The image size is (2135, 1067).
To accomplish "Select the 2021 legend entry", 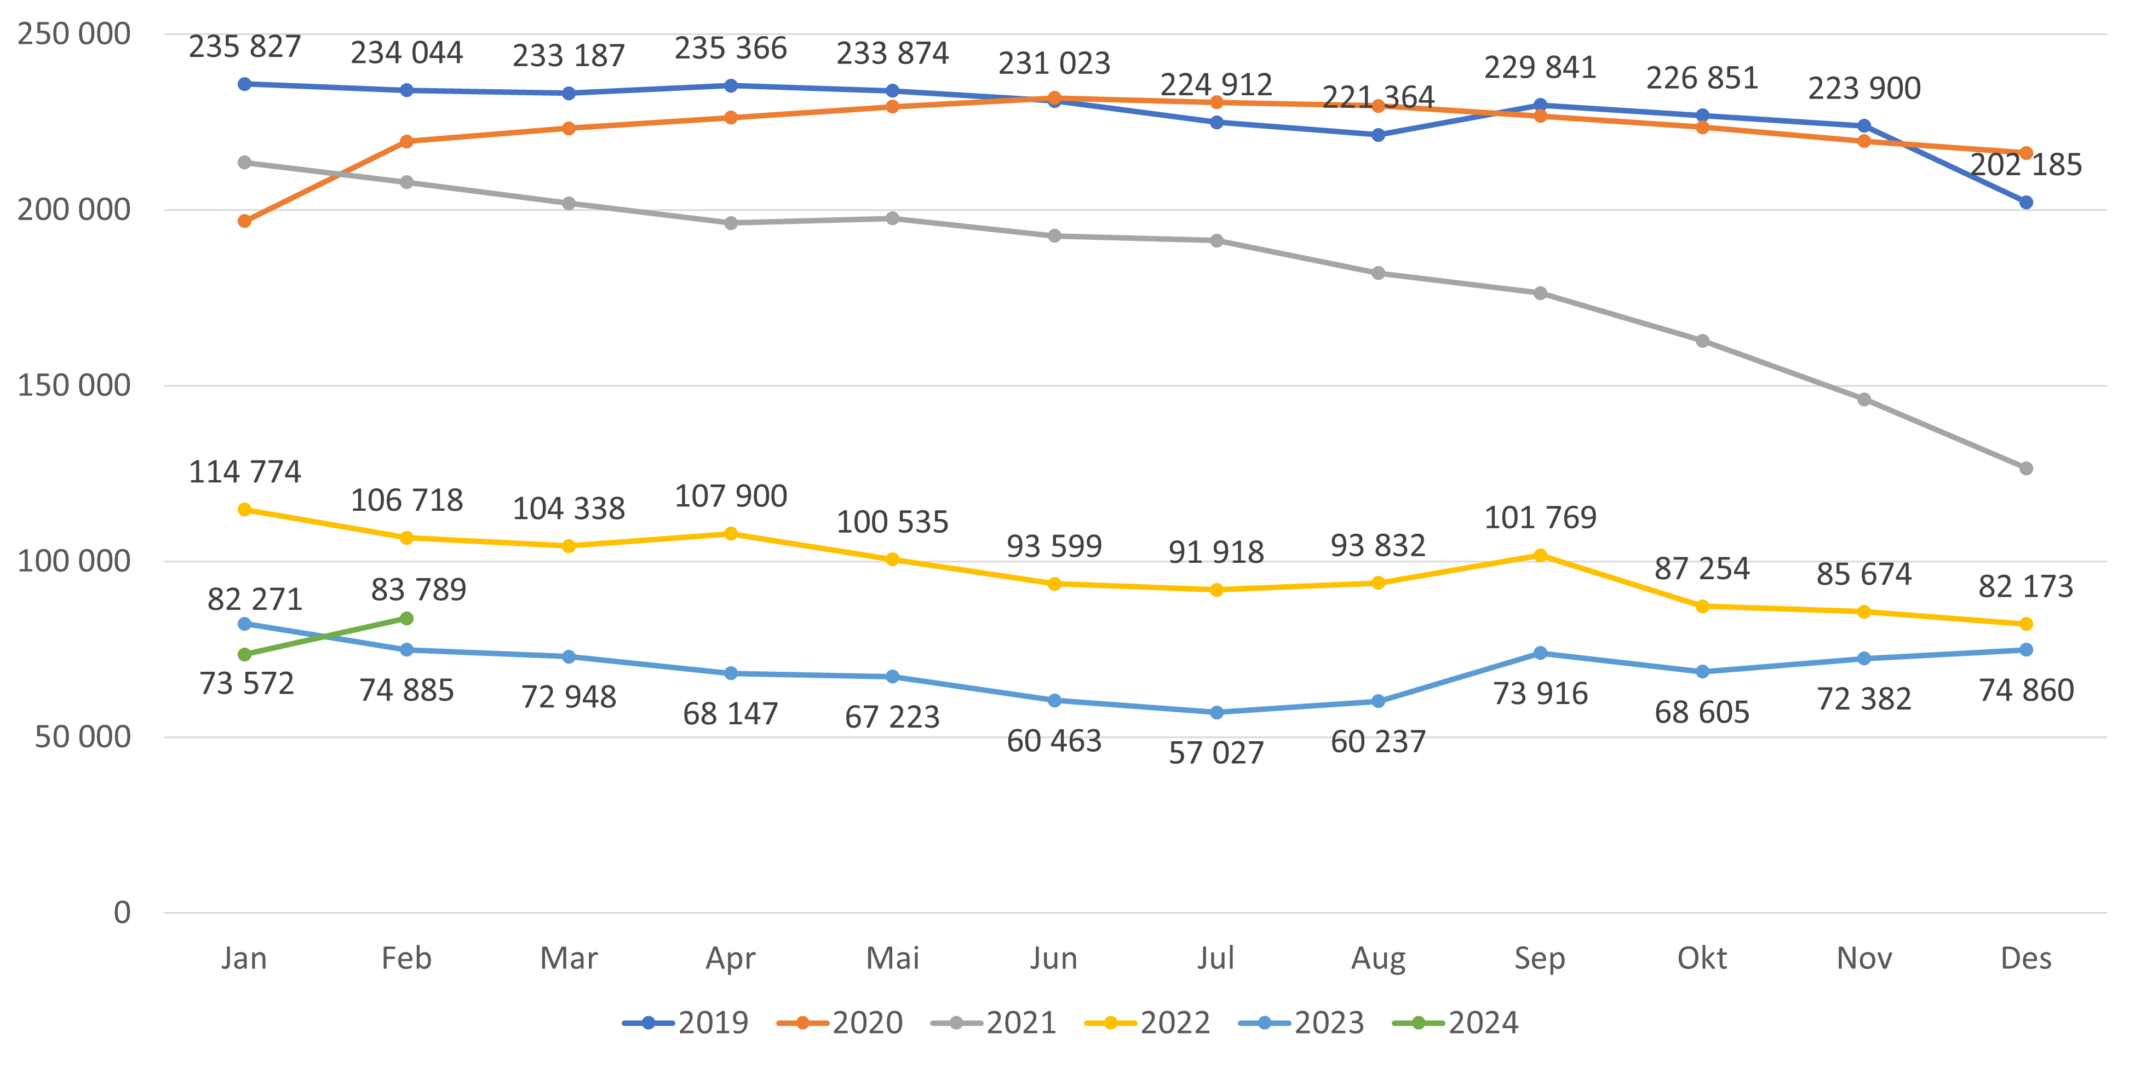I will (994, 1023).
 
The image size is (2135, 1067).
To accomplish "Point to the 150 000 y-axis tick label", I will (74, 385).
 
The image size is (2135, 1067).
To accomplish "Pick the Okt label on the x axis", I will (1702, 959).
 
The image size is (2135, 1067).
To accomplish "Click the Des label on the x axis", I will (2025, 959).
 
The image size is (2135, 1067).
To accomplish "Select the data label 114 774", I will (244, 472).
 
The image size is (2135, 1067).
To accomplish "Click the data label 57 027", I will (1216, 753).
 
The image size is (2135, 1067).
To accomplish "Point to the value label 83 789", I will (418, 590).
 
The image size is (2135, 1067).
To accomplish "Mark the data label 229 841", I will (1540, 68).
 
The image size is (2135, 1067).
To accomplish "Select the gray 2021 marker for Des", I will (2025, 469).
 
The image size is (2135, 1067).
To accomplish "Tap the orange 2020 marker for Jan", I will (244, 221).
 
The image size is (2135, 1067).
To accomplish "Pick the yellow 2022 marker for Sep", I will (1540, 555).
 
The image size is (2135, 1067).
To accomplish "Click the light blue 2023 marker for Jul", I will (1216, 712).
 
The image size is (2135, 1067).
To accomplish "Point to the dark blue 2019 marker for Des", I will (2025, 202).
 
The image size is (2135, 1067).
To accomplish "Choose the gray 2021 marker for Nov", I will (1864, 399).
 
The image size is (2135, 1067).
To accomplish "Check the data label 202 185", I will (2025, 165).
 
